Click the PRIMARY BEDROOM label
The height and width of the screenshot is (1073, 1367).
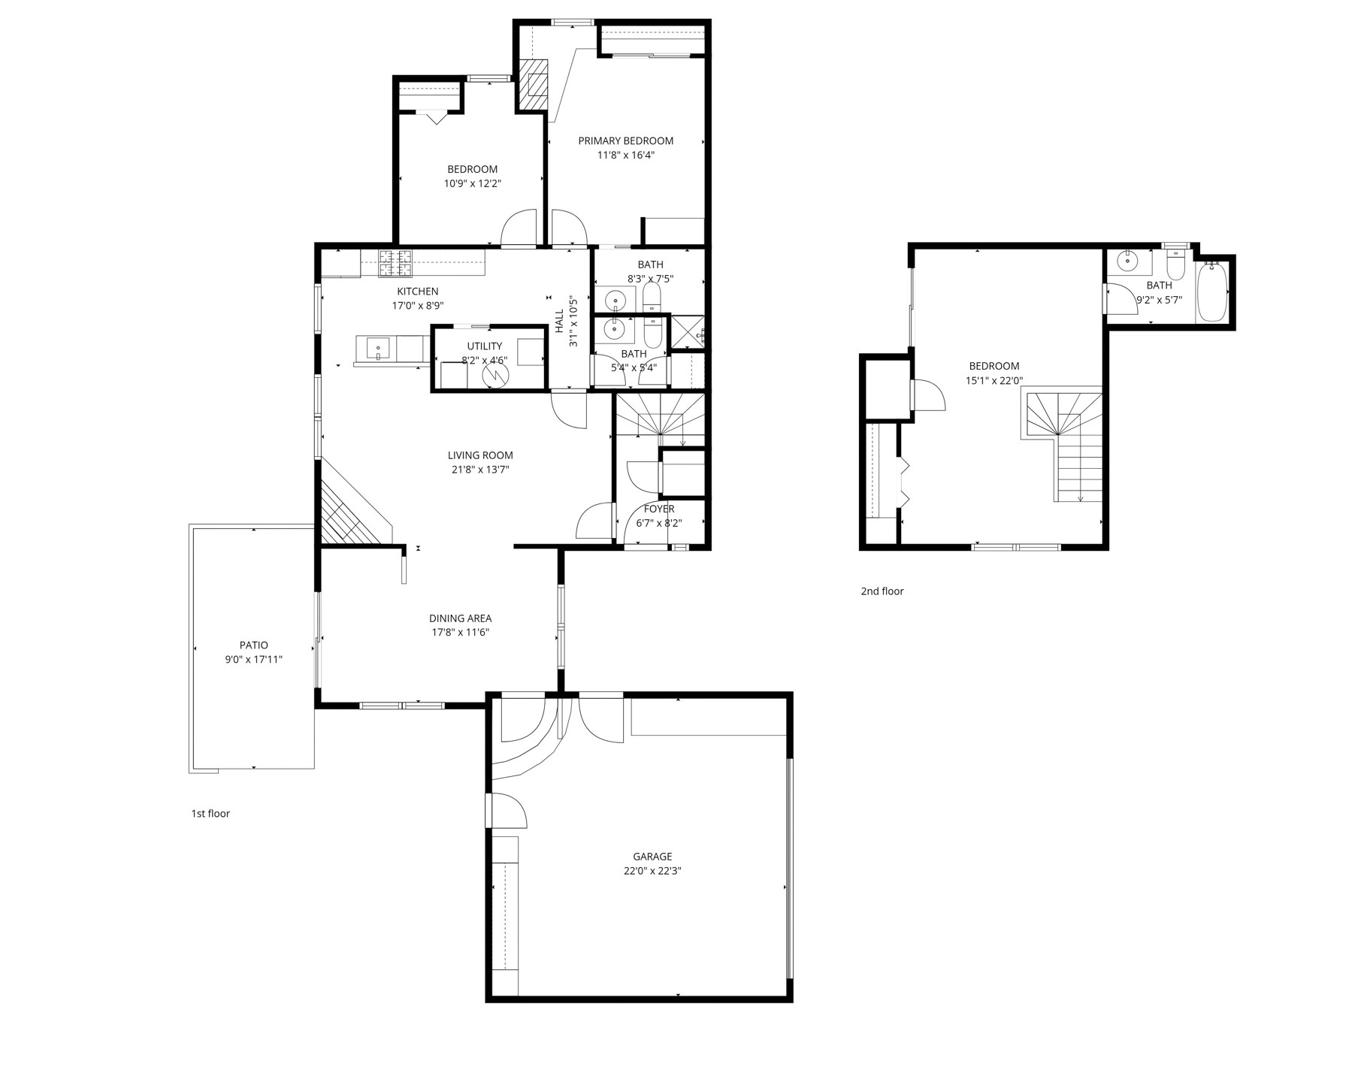click(625, 141)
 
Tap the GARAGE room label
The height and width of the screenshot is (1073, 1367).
click(652, 857)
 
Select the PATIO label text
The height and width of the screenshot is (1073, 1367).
click(254, 645)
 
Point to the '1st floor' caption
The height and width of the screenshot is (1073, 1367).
click(210, 814)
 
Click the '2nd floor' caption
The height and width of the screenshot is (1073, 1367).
click(882, 591)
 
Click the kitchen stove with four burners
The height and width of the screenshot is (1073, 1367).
click(395, 264)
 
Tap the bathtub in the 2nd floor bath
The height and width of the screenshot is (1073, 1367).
click(1211, 291)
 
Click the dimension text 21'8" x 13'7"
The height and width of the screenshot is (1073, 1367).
click(480, 470)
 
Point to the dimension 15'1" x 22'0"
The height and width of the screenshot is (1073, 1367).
click(994, 381)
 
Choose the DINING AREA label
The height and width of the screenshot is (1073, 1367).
click(461, 618)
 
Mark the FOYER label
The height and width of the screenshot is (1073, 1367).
click(659, 509)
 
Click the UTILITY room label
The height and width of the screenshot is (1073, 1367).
click(485, 346)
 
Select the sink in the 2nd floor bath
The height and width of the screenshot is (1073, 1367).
click(1127, 262)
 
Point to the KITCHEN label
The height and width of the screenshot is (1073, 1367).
click(418, 292)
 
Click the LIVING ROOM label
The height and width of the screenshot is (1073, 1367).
click(480, 455)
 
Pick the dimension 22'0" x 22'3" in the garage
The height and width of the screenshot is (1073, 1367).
click(652, 872)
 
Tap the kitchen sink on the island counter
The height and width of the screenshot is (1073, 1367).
click(378, 349)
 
